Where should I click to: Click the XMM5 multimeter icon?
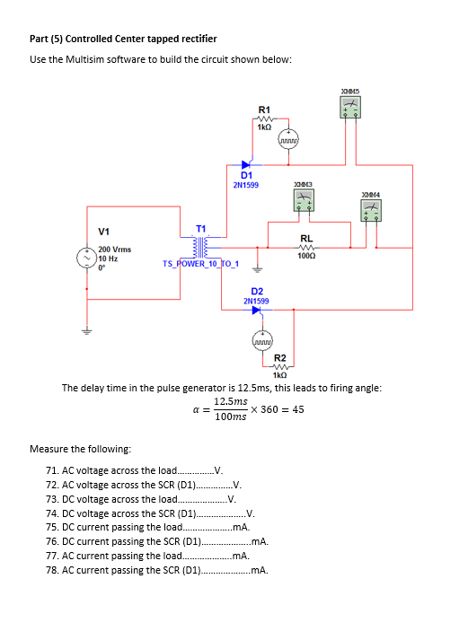pos(350,107)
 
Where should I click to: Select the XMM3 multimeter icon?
pos(304,200)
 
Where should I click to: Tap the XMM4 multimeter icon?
pos(371,210)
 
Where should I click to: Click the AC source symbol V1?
pos(86,258)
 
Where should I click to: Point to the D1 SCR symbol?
pos(246,164)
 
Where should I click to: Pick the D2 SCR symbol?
pos(257,310)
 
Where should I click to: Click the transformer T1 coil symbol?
pos(200,247)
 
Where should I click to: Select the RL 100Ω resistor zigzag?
pos(306,248)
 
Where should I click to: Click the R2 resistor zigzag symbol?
pos(280,366)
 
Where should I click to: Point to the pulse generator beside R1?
pos(288,139)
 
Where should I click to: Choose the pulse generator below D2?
pos(262,340)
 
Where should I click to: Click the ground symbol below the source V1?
pos(86,330)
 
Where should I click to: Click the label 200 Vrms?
pos(115,250)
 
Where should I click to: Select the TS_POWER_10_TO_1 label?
pos(200,264)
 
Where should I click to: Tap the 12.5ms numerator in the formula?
pos(231,401)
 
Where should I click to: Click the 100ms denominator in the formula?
pos(231,416)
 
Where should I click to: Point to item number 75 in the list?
pos(52,527)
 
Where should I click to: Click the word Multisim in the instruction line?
pos(84,59)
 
